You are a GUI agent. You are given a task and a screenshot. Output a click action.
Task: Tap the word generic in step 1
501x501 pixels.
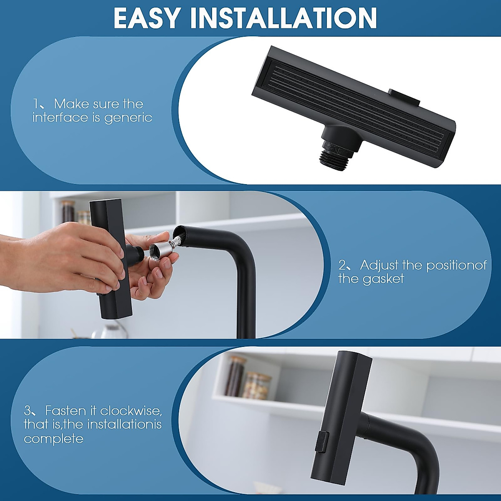pyautogui.click(x=128, y=117)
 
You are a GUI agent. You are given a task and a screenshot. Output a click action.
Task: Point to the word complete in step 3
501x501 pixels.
pyautogui.click(x=53, y=439)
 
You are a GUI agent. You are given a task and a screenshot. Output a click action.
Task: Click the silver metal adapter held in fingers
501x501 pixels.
pyautogui.click(x=160, y=251)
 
